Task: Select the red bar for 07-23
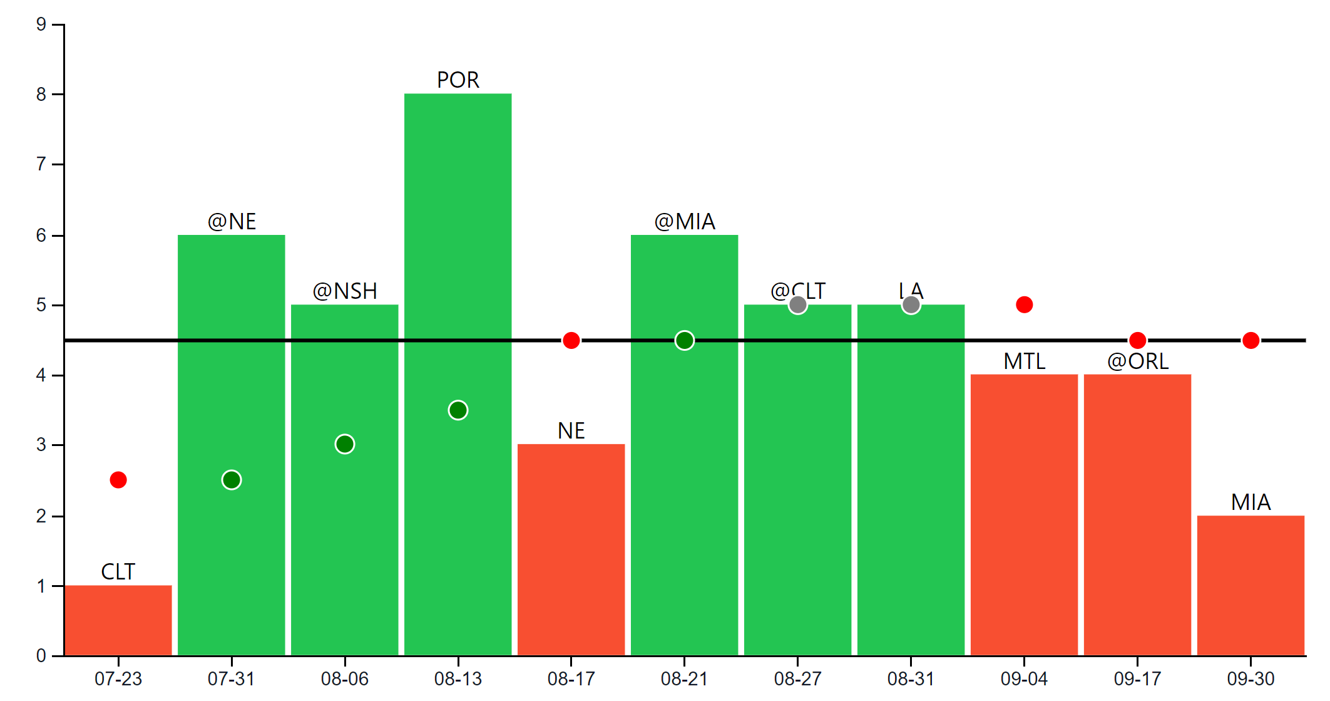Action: point(118,620)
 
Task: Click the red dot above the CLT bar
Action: point(118,480)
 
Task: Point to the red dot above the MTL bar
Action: point(1024,305)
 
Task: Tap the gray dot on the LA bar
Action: point(911,305)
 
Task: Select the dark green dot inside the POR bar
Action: point(458,410)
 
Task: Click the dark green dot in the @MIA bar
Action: point(684,340)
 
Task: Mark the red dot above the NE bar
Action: point(571,340)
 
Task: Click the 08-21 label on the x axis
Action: point(684,678)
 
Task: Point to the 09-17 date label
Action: point(1137,678)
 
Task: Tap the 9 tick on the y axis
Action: point(41,24)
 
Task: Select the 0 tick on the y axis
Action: point(41,655)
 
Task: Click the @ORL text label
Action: point(1137,361)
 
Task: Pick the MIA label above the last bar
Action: point(1251,502)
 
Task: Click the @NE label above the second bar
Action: point(232,222)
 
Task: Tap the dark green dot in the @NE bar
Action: point(232,480)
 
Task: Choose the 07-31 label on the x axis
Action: point(232,678)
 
